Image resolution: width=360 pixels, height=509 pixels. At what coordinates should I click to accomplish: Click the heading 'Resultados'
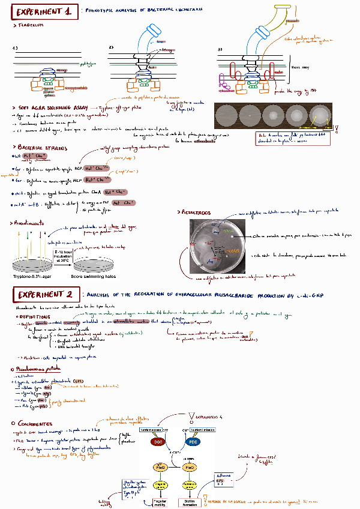(x=195, y=212)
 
